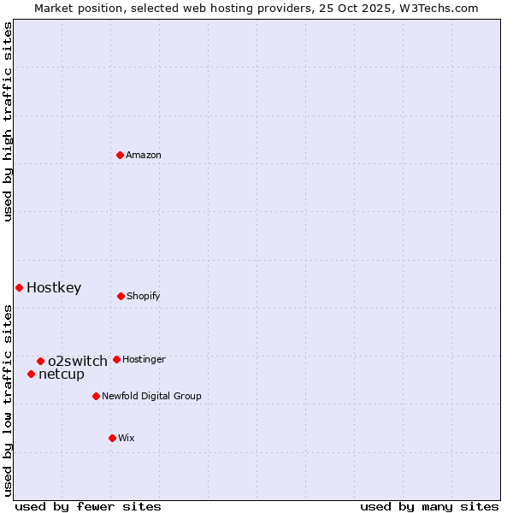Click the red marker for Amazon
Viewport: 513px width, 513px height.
(x=121, y=155)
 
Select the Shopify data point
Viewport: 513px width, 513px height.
(x=121, y=296)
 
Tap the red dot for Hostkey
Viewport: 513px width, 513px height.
(x=19, y=287)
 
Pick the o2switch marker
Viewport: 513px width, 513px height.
(x=40, y=361)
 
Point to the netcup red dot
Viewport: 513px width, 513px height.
(x=31, y=374)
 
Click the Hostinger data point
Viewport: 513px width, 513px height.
(x=116, y=359)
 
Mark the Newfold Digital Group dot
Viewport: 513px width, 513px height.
(x=96, y=396)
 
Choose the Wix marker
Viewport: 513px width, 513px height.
(x=112, y=438)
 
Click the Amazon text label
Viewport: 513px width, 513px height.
(x=144, y=155)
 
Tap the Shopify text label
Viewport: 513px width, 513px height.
(x=144, y=296)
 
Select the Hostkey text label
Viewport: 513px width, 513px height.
(x=54, y=287)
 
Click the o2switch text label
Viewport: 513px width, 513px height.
(x=78, y=361)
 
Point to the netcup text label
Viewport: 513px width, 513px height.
(x=62, y=374)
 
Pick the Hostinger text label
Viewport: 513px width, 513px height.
(x=144, y=359)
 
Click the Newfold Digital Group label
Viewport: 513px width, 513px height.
(x=151, y=396)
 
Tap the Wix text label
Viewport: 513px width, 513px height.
(x=127, y=438)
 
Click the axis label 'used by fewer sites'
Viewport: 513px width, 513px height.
(x=88, y=506)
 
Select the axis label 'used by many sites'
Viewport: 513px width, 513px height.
(x=429, y=506)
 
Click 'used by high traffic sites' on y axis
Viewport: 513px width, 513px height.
(x=8, y=121)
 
